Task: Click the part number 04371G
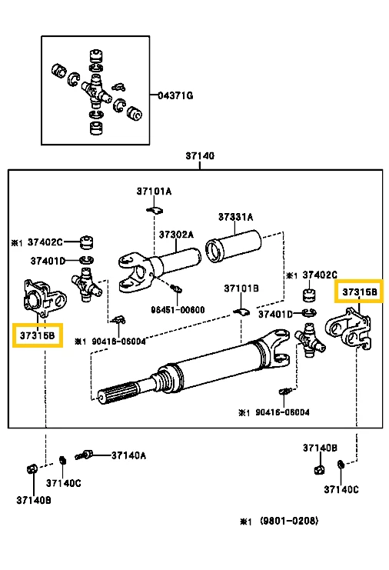click(x=175, y=95)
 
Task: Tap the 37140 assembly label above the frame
click(x=200, y=155)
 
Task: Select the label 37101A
click(x=154, y=191)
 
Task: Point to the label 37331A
click(x=235, y=217)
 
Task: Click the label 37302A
click(x=176, y=235)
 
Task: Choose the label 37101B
click(x=241, y=288)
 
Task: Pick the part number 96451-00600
click(x=178, y=310)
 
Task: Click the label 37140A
click(x=128, y=455)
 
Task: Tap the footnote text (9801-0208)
click(x=289, y=521)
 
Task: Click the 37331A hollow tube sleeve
click(x=234, y=245)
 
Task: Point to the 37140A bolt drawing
click(x=85, y=455)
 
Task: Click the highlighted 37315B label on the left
click(x=38, y=335)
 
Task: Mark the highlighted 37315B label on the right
click(x=360, y=292)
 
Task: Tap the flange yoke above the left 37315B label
click(x=45, y=298)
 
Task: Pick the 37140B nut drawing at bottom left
click(x=32, y=469)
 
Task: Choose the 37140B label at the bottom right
click(x=320, y=448)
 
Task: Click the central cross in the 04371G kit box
click(x=96, y=91)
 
